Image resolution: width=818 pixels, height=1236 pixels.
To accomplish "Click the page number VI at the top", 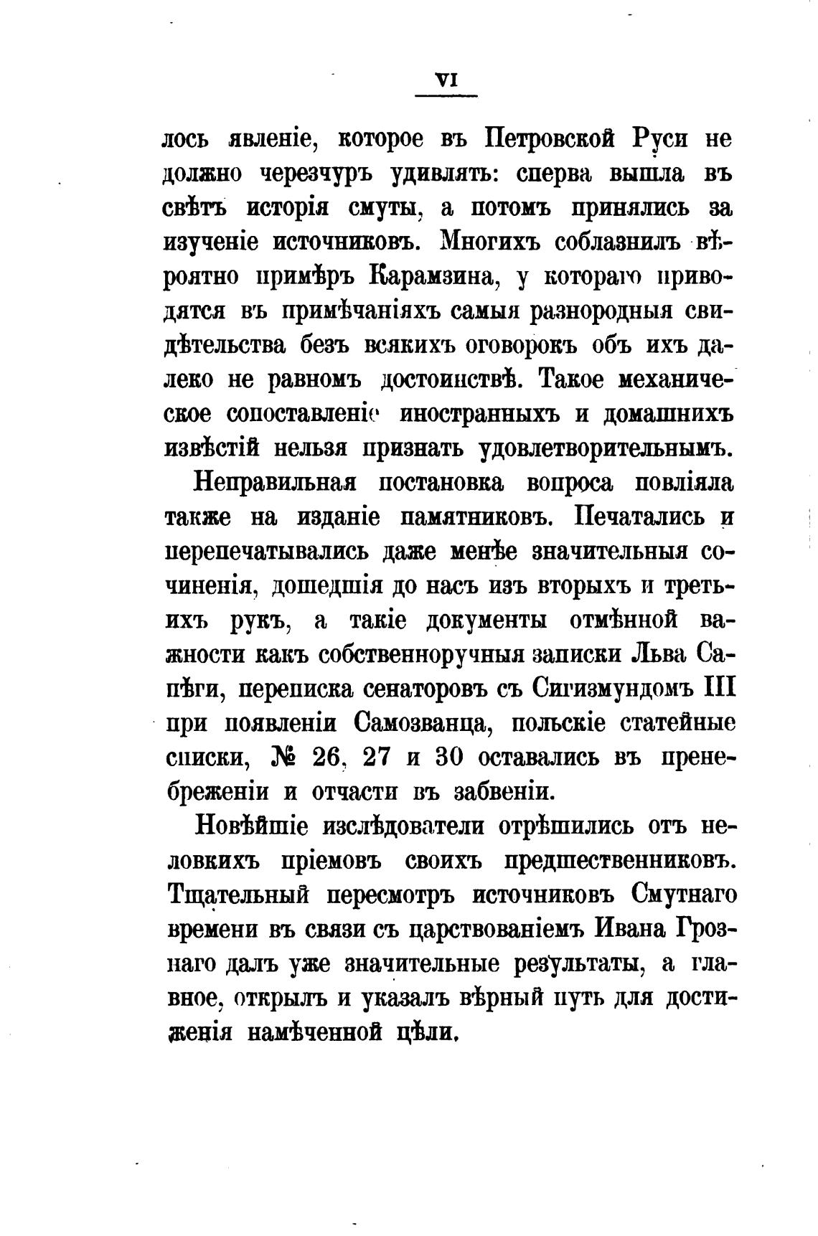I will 446,82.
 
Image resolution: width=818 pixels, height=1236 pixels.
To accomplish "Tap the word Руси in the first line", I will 660,138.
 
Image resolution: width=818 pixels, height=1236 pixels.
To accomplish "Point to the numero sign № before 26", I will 286,758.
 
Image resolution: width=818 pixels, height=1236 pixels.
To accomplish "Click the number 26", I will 329,758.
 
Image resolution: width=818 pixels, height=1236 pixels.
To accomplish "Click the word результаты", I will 578,964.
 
